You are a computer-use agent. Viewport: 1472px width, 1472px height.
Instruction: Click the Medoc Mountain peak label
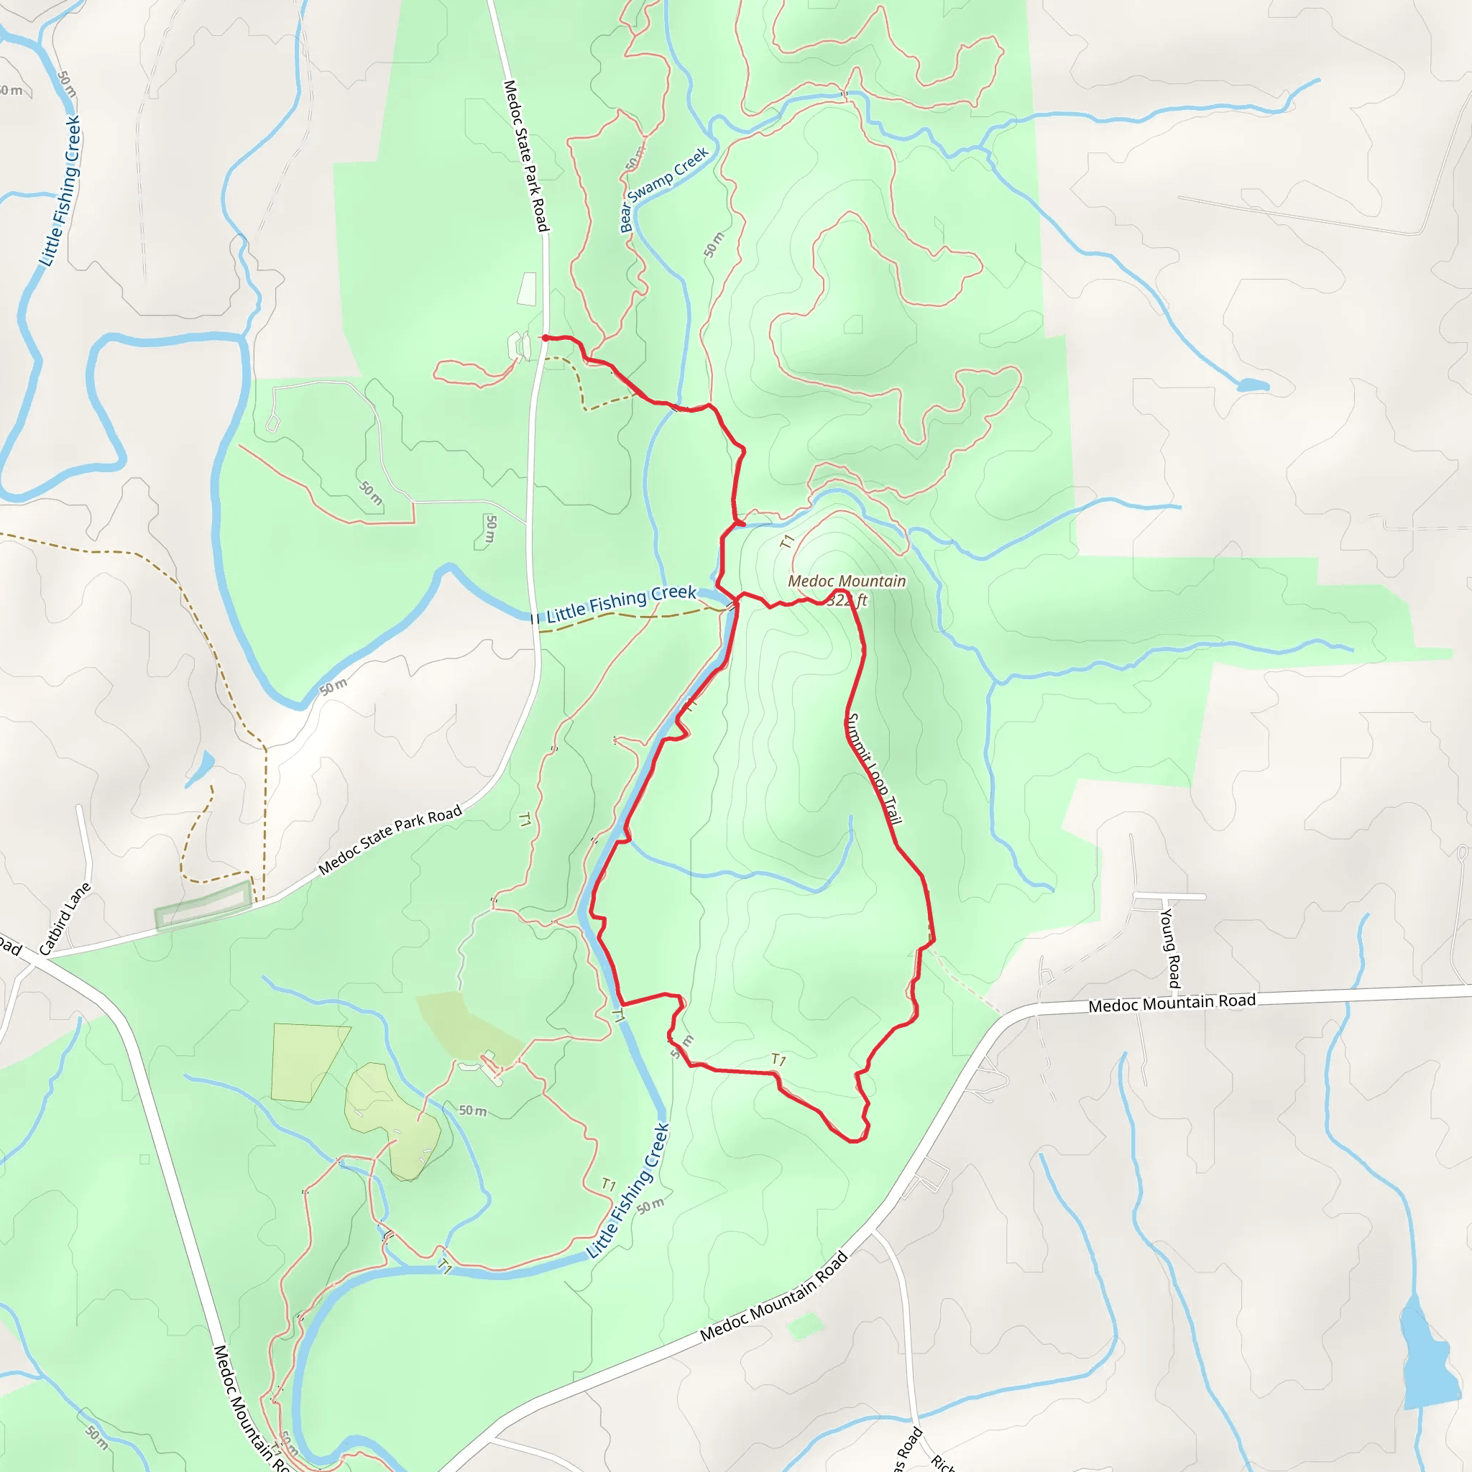point(847,581)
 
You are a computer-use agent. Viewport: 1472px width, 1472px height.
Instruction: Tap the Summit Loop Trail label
point(874,769)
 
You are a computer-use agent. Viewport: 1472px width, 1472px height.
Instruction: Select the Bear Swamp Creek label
point(663,188)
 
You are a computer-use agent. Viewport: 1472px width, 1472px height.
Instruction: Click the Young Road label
point(1170,948)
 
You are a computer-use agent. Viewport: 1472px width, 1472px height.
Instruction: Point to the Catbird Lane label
point(65,919)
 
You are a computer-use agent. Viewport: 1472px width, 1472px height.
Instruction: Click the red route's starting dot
point(546,338)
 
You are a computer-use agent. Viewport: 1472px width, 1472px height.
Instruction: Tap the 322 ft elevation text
point(848,600)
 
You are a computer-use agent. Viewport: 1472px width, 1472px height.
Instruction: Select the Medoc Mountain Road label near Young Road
point(1172,1003)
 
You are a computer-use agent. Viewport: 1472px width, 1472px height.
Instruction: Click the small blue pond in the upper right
point(1252,385)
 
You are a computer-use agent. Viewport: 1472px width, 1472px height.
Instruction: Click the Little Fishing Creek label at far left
point(60,191)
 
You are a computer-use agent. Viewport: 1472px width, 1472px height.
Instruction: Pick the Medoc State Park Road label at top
point(525,155)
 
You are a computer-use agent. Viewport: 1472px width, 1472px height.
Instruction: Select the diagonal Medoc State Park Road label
point(390,839)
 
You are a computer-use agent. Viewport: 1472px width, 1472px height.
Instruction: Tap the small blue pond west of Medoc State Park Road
point(201,769)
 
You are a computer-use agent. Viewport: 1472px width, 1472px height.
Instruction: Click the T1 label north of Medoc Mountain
point(787,542)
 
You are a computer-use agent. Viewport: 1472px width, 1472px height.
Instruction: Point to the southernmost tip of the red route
point(856,1141)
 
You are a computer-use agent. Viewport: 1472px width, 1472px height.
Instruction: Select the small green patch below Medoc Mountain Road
point(804,1327)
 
